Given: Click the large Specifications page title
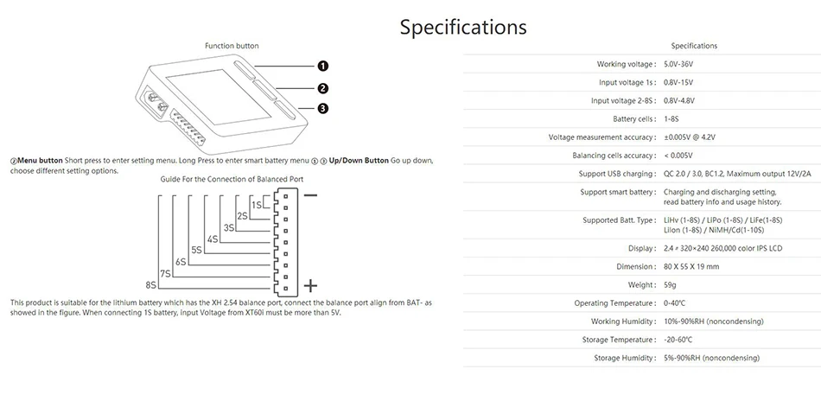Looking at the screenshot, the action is coord(463,27).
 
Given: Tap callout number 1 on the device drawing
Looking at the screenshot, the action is coord(323,66).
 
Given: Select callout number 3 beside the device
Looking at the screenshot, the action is coord(323,108).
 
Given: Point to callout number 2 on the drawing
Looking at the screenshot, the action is coord(323,88).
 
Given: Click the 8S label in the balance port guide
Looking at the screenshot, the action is coord(150,285).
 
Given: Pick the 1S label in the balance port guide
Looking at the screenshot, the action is coord(257,205).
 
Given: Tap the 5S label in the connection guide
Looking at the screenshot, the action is coord(196,251).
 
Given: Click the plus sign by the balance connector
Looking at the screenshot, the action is coord(310,285).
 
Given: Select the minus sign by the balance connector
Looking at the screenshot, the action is coord(310,195).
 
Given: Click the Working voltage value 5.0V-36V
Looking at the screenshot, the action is coord(678,65).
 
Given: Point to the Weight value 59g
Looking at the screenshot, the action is coord(671,285).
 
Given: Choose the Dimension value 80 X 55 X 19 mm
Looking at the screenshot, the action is coord(691,266).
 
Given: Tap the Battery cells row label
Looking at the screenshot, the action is coord(634,119).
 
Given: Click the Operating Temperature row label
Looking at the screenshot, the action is coord(615,303).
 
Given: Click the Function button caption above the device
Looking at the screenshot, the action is coord(232,46).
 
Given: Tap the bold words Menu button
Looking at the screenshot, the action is coord(41,160).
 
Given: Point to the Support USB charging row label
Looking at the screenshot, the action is coord(617,174).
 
